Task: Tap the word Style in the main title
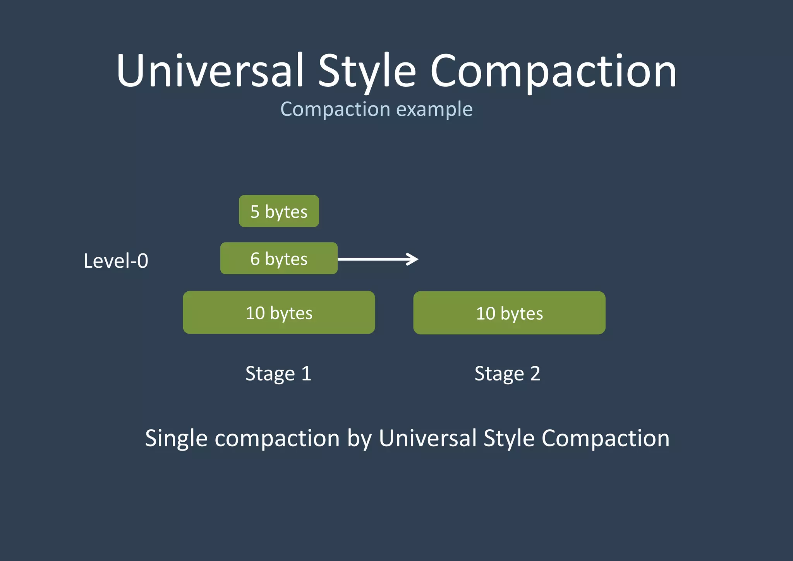[367, 72]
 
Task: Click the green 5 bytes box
[279, 211]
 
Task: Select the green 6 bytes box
[279, 258]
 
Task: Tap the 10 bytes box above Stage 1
[279, 312]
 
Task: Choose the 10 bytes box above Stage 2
[509, 313]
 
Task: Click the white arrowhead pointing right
[413, 259]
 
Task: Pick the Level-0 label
[116, 261]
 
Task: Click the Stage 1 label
[278, 373]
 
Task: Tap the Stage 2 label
[507, 373]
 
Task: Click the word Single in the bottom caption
[176, 439]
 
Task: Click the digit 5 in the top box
[255, 212]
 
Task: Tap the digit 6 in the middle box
[255, 259]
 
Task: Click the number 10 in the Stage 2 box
[486, 313]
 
